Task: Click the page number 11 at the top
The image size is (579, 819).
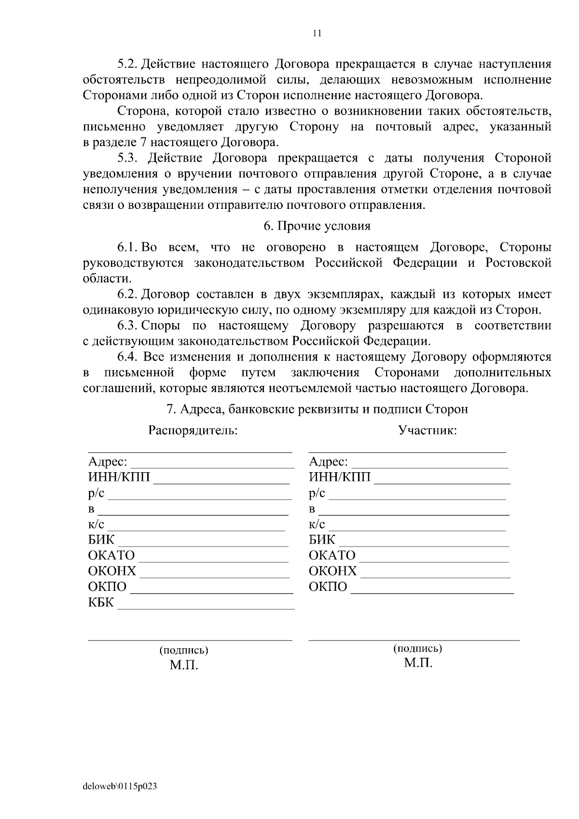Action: [x=317, y=33]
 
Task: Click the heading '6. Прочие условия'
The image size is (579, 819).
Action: [x=317, y=226]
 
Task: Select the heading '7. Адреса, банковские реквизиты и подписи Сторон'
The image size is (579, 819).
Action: [x=317, y=409]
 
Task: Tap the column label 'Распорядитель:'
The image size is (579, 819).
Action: [x=193, y=430]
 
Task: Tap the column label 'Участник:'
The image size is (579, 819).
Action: [x=427, y=430]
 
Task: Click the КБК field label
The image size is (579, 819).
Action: [x=101, y=602]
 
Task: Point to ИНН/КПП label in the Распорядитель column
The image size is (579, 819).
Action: [x=119, y=478]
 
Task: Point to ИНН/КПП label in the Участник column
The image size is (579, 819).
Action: [x=340, y=478]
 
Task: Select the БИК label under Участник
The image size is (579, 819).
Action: [x=322, y=540]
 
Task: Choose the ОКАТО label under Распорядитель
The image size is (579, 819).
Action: [x=111, y=556]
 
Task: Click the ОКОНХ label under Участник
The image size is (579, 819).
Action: [x=333, y=571]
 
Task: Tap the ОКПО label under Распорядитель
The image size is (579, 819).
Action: [x=107, y=587]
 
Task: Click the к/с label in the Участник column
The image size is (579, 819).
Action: [x=317, y=524]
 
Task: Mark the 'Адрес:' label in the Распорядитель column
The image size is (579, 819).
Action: [x=108, y=462]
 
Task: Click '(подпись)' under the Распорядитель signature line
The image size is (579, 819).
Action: [x=184, y=650]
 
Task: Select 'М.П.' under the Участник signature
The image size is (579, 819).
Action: [x=418, y=663]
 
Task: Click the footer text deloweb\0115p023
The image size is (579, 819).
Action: [x=120, y=787]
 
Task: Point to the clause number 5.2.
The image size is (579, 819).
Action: [x=128, y=64]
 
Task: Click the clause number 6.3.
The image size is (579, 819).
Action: [x=128, y=326]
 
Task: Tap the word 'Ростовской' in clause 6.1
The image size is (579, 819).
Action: [x=518, y=263]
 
